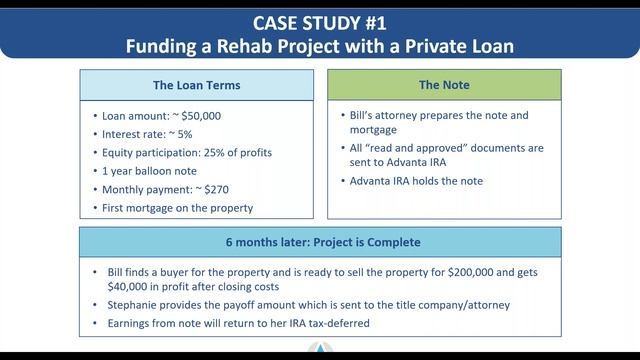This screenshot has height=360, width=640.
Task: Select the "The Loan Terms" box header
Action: tap(197, 85)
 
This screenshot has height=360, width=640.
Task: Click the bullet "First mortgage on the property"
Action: tap(177, 208)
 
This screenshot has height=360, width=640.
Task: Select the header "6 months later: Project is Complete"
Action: tap(321, 242)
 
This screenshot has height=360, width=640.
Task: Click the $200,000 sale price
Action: tap(504, 272)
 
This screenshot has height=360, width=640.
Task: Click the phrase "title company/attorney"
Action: tap(485, 305)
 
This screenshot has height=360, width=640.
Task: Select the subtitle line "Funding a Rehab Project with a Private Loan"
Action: tap(319, 45)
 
